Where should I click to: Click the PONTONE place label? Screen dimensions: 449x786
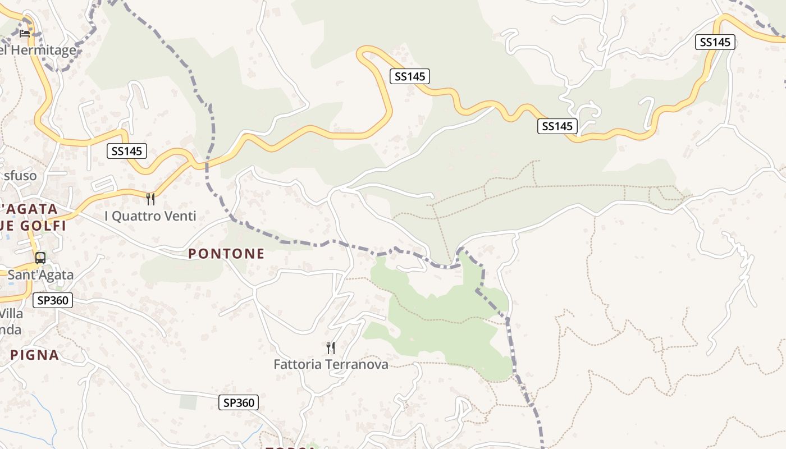click(226, 254)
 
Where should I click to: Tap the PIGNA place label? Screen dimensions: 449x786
click(34, 355)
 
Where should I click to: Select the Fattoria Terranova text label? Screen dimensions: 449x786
click(331, 364)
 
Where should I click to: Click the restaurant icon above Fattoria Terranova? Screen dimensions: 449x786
click(331, 348)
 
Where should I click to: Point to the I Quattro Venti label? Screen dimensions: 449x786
click(150, 216)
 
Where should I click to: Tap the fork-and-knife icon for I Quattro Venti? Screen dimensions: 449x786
click(150, 199)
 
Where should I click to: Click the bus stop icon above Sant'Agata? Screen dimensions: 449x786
click(40, 258)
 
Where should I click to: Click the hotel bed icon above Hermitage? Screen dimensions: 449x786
click(25, 33)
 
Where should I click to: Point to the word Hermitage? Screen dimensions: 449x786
click(43, 50)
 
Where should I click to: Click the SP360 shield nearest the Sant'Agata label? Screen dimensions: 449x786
click(53, 300)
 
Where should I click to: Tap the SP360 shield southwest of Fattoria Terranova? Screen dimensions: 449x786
click(239, 402)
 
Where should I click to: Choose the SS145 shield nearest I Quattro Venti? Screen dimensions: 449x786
click(127, 150)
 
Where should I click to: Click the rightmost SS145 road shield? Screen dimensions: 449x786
click(715, 42)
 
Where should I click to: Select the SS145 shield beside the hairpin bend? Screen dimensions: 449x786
click(410, 76)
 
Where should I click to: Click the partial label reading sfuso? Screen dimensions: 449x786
click(20, 176)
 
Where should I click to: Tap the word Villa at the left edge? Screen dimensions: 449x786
click(11, 313)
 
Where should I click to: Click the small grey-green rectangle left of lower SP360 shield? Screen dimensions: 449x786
click(189, 402)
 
